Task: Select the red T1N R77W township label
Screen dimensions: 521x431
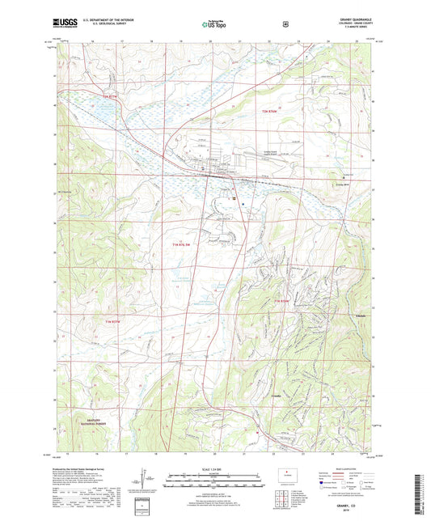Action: pyautogui.click(x=116, y=323)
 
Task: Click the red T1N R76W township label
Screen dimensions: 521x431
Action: pyautogui.click(x=281, y=301)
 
